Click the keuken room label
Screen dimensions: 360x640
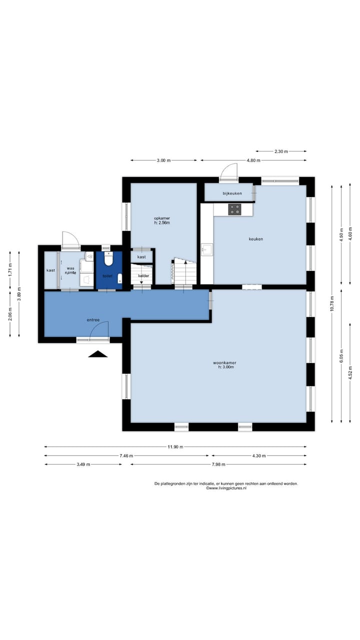(x=255, y=239)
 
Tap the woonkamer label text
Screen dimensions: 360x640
(x=224, y=363)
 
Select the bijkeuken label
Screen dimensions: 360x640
(x=232, y=193)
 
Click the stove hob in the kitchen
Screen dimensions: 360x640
(x=234, y=209)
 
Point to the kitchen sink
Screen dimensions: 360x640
(x=207, y=249)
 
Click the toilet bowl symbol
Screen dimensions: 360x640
(x=108, y=258)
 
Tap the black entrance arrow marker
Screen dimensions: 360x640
(x=97, y=354)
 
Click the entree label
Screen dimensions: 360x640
(x=93, y=320)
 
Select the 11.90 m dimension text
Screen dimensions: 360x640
(x=175, y=447)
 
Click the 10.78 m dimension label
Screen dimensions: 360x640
(x=331, y=303)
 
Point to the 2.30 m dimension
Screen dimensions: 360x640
(x=281, y=151)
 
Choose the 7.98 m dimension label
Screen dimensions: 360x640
(x=218, y=464)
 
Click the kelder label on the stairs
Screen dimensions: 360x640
(x=143, y=275)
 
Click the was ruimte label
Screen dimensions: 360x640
(x=70, y=270)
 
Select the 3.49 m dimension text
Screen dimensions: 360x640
(x=83, y=464)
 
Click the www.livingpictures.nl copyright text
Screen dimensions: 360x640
(x=226, y=488)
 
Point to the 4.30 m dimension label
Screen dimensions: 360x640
(x=259, y=455)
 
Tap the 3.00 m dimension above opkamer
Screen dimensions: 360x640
(x=163, y=160)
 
